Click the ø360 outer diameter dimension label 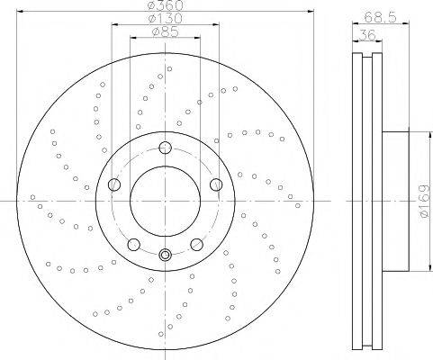166,5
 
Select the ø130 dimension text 166,19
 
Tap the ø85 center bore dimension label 166,31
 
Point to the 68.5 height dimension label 380,17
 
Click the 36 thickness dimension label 367,35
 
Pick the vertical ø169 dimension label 425,201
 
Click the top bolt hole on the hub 165,148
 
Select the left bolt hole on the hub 114,184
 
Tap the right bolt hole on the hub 216,184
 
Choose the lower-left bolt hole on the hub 134,245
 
